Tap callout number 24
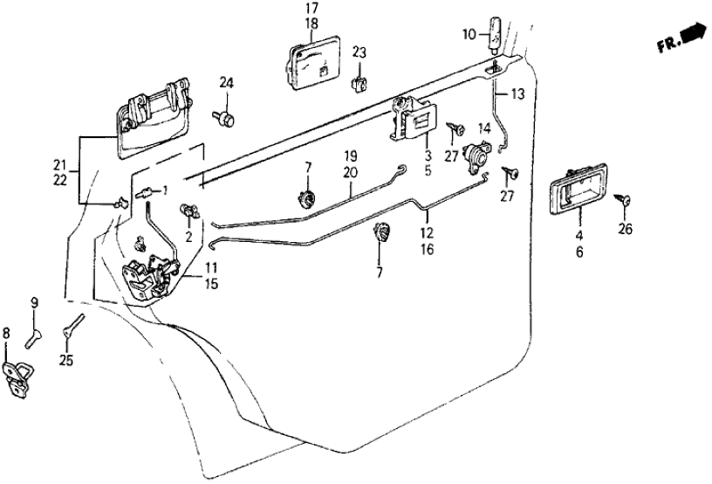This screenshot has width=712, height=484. [227, 83]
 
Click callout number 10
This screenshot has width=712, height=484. [469, 34]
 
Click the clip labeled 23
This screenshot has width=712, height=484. [359, 83]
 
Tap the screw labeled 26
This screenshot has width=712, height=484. [626, 202]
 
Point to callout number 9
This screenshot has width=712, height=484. [35, 304]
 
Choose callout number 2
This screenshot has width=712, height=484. [188, 236]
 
